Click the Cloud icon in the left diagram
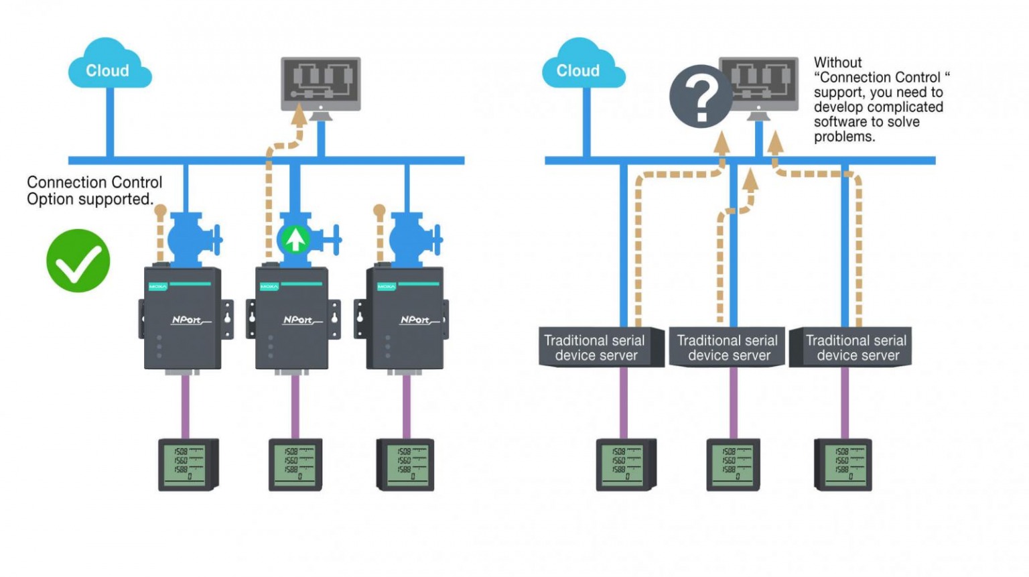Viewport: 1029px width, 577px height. tap(109, 65)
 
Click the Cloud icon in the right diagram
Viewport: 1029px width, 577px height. tap(581, 65)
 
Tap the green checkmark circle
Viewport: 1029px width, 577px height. tap(78, 261)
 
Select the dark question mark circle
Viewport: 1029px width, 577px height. tap(701, 97)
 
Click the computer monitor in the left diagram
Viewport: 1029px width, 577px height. tap(320, 84)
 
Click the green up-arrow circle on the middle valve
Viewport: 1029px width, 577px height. tap(294, 239)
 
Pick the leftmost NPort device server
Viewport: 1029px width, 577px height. tap(183, 318)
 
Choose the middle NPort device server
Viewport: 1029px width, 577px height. tap(293, 318)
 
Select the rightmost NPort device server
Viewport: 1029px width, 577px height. tap(405, 318)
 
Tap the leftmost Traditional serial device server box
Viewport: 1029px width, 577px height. tap(595, 347)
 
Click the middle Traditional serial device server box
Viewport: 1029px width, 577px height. tap(728, 347)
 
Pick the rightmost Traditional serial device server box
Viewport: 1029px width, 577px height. tap(856, 347)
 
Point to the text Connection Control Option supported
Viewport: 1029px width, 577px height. tap(94, 191)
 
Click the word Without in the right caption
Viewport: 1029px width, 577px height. tap(837, 62)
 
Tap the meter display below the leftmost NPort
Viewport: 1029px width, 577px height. tap(187, 464)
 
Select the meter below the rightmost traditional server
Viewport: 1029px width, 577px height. tap(843, 464)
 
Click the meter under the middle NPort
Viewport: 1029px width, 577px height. tap(295, 464)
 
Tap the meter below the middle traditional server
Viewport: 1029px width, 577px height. tap(732, 464)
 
